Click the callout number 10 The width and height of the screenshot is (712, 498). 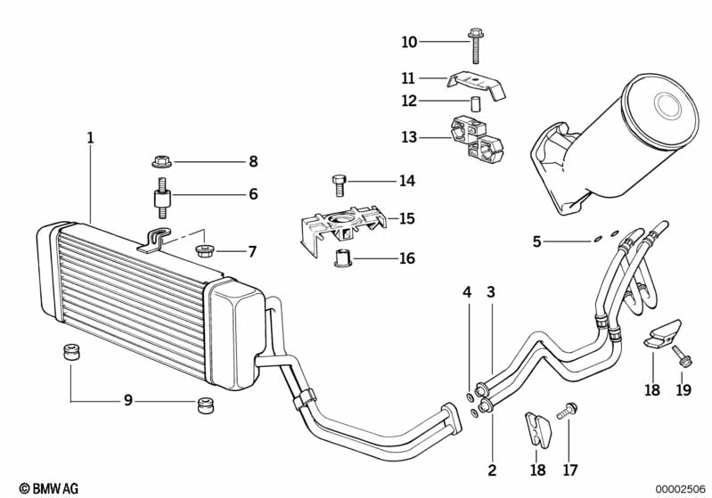409,42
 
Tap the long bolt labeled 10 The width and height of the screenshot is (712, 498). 476,45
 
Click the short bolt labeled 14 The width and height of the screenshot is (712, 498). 340,185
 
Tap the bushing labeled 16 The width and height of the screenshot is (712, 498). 343,258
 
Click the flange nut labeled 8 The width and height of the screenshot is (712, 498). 161,161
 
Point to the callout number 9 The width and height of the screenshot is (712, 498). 128,400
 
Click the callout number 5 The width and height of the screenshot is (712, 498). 536,241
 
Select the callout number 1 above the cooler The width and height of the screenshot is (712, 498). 90,137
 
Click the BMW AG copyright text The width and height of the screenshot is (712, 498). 49,488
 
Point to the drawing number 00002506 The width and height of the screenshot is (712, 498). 681,488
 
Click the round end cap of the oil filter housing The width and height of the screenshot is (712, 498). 660,112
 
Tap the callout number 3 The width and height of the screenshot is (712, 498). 491,292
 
